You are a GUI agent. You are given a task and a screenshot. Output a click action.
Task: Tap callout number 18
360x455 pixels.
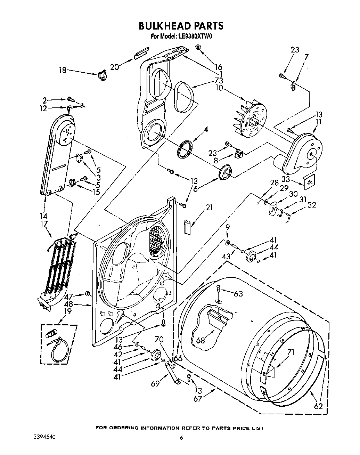pos(62,71)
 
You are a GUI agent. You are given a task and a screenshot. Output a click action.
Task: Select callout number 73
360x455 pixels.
pos(219,81)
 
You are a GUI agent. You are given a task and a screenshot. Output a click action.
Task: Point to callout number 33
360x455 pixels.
pos(285,179)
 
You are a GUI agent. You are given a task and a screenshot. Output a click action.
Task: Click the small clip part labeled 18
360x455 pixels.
pos(102,75)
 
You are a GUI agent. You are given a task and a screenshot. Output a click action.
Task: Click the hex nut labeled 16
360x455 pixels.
pos(198,48)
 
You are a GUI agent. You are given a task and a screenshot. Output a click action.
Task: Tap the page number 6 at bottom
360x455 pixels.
pos(181,438)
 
